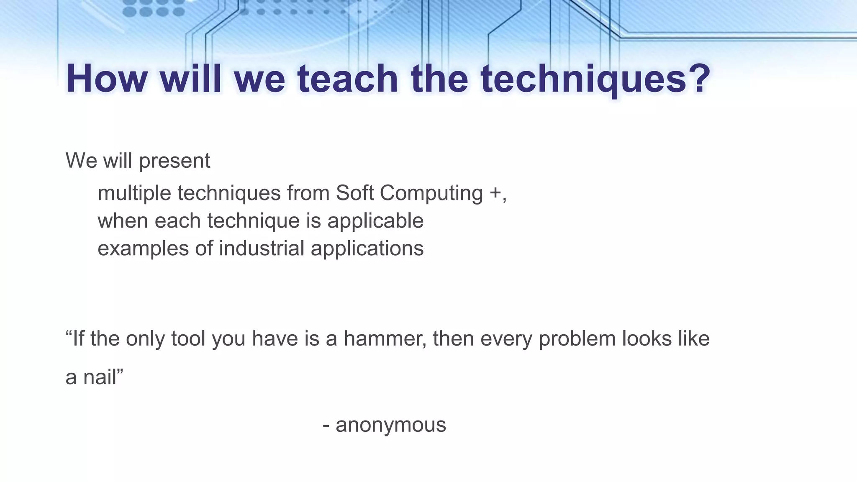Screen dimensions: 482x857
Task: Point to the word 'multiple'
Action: click(134, 194)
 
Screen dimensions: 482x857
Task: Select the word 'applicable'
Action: click(375, 221)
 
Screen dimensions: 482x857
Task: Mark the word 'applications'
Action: click(367, 249)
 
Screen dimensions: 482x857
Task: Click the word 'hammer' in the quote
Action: click(385, 338)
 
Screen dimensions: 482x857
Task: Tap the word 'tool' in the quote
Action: click(189, 338)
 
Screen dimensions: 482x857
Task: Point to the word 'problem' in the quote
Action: click(577, 338)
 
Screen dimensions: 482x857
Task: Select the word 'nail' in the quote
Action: click(100, 377)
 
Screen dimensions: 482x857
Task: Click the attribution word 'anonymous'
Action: click(391, 425)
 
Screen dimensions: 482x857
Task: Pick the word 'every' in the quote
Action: click(506, 339)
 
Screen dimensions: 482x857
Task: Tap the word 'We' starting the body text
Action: click(82, 161)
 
